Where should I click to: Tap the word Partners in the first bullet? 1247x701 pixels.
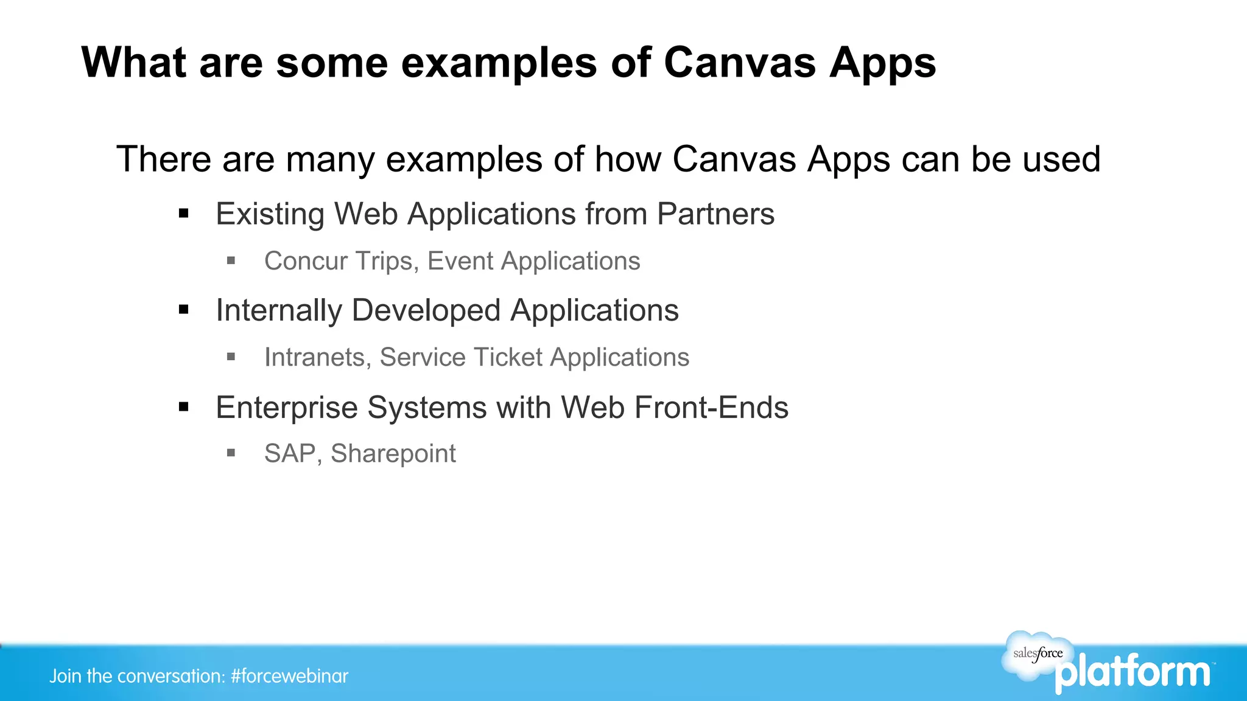coord(715,214)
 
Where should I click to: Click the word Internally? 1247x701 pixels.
coord(278,311)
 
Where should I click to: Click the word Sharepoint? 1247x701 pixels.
coord(393,454)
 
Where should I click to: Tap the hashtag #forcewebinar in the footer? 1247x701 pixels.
coord(290,676)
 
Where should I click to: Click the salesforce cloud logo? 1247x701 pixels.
coord(1038,655)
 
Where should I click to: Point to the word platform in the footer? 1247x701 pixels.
coord(1133,673)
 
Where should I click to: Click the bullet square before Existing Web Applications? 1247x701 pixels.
coord(184,214)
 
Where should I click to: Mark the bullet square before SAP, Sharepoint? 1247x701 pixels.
coord(231,453)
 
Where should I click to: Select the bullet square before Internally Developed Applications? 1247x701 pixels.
coord(184,310)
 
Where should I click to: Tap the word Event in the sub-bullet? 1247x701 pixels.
coord(460,261)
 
